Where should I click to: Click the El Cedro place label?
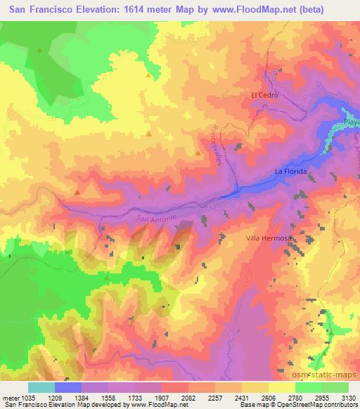point(265,94)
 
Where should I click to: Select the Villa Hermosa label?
point(268,238)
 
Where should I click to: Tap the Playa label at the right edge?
point(351,121)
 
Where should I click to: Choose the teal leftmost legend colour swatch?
point(41,387)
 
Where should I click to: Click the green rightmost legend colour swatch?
point(335,387)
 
